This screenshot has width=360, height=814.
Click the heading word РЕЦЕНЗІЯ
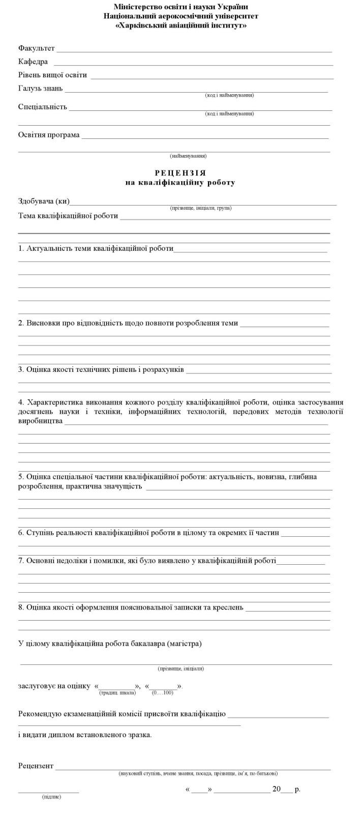[x=181, y=173]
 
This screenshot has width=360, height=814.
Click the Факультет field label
[x=37, y=48]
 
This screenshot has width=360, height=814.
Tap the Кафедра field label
[x=33, y=62]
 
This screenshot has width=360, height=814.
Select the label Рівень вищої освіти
[x=52, y=75]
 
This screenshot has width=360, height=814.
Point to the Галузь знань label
[x=41, y=88]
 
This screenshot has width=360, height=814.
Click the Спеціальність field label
[x=43, y=107]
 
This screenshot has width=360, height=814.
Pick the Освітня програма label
[x=49, y=135]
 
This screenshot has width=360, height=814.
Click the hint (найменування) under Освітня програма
[x=188, y=156]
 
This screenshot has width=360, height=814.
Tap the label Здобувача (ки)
[x=44, y=201]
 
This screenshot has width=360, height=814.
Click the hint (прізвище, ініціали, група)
[x=201, y=208]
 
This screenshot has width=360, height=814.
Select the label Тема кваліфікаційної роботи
[x=68, y=216]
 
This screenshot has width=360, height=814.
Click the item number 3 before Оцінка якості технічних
[x=21, y=369]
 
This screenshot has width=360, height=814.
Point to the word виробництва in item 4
[x=41, y=421]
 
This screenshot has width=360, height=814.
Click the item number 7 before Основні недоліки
[x=21, y=561]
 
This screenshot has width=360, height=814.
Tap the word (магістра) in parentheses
[x=184, y=644]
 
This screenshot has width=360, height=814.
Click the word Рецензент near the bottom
[x=36, y=766]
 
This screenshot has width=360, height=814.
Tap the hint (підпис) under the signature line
[x=51, y=797]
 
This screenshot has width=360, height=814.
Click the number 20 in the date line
[x=277, y=789]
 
